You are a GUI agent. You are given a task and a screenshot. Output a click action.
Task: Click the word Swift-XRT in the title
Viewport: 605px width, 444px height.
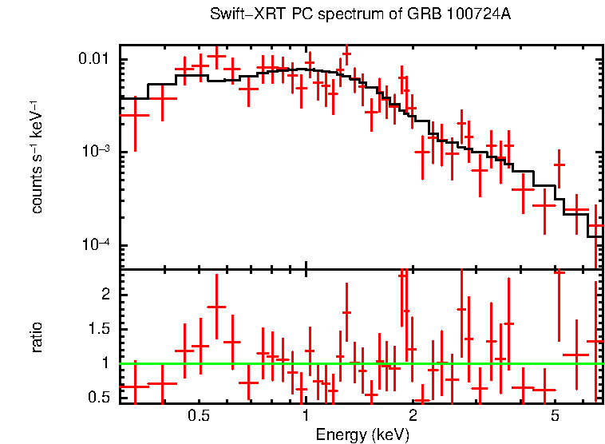239,15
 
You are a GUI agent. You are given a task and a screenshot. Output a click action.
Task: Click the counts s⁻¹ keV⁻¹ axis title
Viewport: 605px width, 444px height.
37,157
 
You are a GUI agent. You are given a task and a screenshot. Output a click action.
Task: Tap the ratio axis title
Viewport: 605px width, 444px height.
37,337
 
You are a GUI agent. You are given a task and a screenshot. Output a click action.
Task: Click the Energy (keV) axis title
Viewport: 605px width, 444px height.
362,435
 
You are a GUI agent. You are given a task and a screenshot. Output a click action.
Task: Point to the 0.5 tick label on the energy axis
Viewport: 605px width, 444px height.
199,418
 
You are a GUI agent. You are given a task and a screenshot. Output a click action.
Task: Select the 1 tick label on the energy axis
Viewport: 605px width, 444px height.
306,418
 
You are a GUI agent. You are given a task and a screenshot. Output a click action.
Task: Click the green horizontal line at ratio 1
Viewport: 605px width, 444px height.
359,363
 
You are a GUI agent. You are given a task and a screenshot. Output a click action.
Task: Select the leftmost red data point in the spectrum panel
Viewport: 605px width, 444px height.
135,115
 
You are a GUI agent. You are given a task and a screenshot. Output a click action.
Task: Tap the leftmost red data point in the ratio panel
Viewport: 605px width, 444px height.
135,387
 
